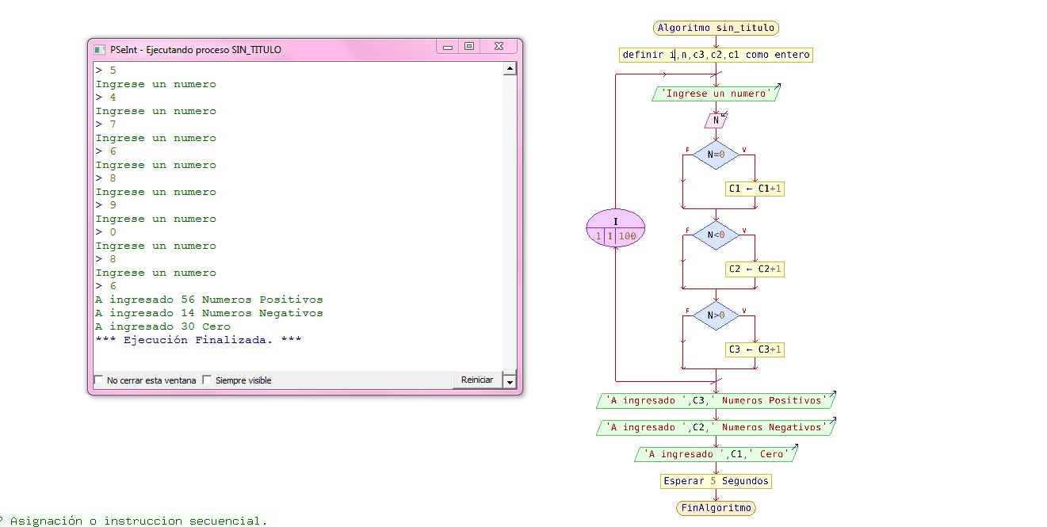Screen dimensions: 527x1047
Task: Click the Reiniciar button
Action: pyautogui.click(x=477, y=380)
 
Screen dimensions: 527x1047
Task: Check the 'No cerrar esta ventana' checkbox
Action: pyautogui.click(x=99, y=380)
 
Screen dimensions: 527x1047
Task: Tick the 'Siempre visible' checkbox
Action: pyautogui.click(x=208, y=380)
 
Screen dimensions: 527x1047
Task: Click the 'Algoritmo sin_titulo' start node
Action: pyautogui.click(x=716, y=28)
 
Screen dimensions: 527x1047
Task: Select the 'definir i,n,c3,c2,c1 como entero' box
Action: pyautogui.click(x=716, y=55)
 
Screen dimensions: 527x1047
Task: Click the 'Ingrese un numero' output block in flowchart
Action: pyautogui.click(x=716, y=94)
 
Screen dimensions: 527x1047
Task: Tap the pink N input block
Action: pyautogui.click(x=716, y=120)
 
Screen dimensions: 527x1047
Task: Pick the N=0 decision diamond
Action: pyautogui.click(x=716, y=155)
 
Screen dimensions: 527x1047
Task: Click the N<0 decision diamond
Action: pyautogui.click(x=716, y=235)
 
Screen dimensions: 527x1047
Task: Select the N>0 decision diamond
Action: pyautogui.click(x=716, y=315)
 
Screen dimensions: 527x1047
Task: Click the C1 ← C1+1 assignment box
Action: pyautogui.click(x=755, y=189)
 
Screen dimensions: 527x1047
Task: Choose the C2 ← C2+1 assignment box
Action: pyautogui.click(x=755, y=269)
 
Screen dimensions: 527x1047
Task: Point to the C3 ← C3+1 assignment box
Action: pyautogui.click(x=755, y=349)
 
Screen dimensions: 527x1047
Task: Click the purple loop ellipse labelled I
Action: pyautogui.click(x=616, y=227)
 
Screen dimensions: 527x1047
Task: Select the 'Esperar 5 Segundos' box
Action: pyautogui.click(x=716, y=481)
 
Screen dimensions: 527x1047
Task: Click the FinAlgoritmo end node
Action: pyautogui.click(x=716, y=507)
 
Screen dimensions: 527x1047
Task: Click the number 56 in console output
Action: pyautogui.click(x=188, y=300)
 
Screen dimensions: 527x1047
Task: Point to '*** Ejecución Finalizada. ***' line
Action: pyautogui.click(x=198, y=340)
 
